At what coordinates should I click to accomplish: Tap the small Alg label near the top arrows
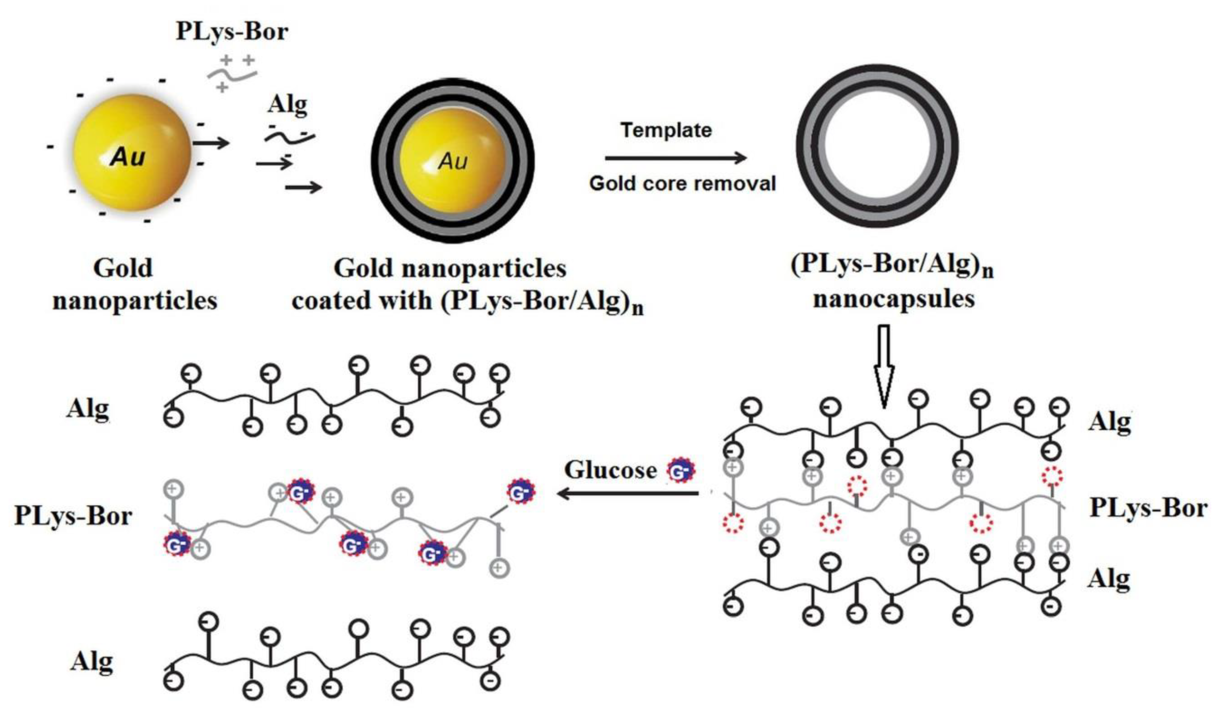click(x=288, y=104)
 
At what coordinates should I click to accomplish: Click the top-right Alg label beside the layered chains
click(x=1110, y=422)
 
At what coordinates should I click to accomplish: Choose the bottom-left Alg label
click(x=92, y=662)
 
